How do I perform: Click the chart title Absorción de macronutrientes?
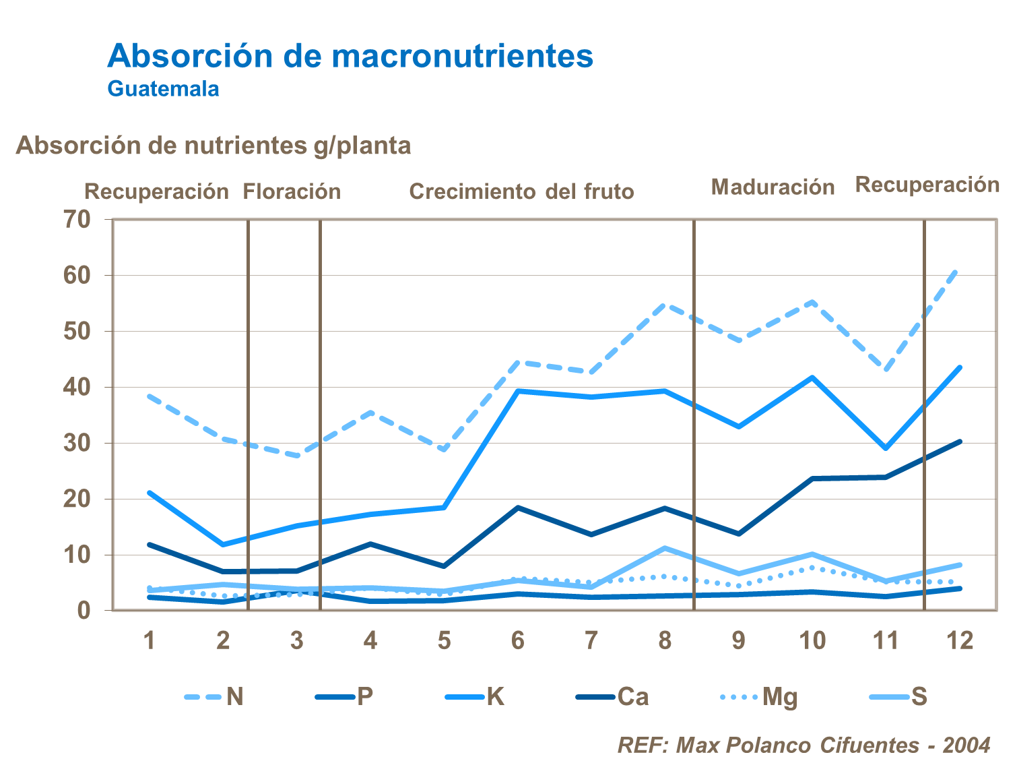tap(350, 56)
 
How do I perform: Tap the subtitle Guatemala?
tap(163, 89)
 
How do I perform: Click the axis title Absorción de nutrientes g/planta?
tap(213, 146)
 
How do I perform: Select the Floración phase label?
tap(292, 191)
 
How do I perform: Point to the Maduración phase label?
tap(773, 187)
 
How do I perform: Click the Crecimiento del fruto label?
tap(521, 191)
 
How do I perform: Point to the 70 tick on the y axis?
tap(77, 219)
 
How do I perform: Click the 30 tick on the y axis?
tap(77, 443)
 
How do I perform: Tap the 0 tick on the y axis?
tap(84, 611)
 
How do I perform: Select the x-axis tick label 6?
tap(517, 640)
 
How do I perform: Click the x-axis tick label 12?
tap(960, 640)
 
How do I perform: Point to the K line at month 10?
tap(812, 377)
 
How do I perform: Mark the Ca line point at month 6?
tap(517, 508)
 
